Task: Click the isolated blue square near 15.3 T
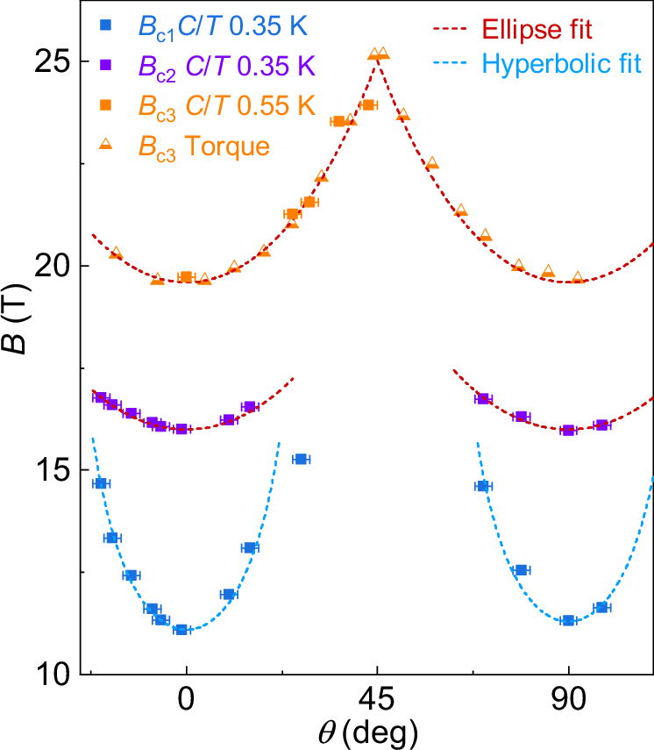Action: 300,459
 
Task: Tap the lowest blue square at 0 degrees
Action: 181,629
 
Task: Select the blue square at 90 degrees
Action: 568,620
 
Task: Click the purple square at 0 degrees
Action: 181,429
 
